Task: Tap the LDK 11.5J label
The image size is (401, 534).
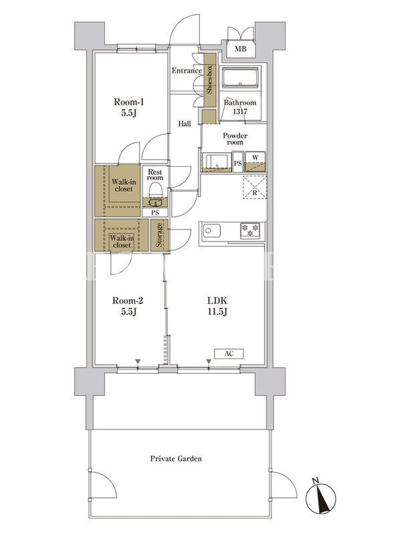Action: pos(217,306)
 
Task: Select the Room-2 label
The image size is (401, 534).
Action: pos(128,306)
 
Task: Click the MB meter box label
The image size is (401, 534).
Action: pos(240,49)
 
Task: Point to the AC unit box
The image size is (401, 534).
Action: pos(229,354)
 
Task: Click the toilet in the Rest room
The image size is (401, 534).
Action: pos(155,194)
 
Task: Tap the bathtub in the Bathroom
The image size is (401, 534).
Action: pos(241,77)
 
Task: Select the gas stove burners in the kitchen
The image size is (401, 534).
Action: pos(250,230)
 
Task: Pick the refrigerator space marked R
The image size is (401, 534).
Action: pos(255,188)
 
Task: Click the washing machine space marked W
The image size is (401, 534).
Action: pos(255,162)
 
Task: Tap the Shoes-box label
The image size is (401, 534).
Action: pos(209,80)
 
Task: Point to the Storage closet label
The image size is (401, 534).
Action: pos(159,235)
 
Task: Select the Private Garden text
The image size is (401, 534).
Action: pos(176,459)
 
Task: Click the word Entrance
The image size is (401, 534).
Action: pos(186,71)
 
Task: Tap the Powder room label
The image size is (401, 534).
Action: pos(235,139)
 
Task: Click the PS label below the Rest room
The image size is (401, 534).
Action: pos(155,213)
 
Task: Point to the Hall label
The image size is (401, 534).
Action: pos(184,123)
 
